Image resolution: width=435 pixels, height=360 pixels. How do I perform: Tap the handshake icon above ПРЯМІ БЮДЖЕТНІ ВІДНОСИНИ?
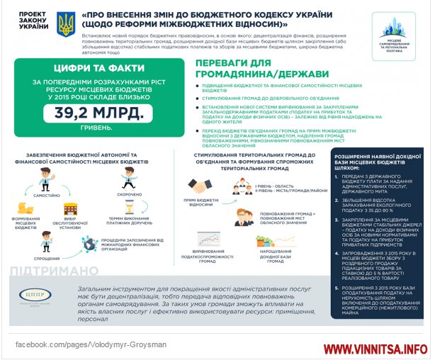tap(200, 186)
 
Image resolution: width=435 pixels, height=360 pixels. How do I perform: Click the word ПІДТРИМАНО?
tap(55, 271)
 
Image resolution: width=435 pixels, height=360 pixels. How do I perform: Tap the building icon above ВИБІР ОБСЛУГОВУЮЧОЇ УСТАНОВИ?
tap(71, 209)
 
